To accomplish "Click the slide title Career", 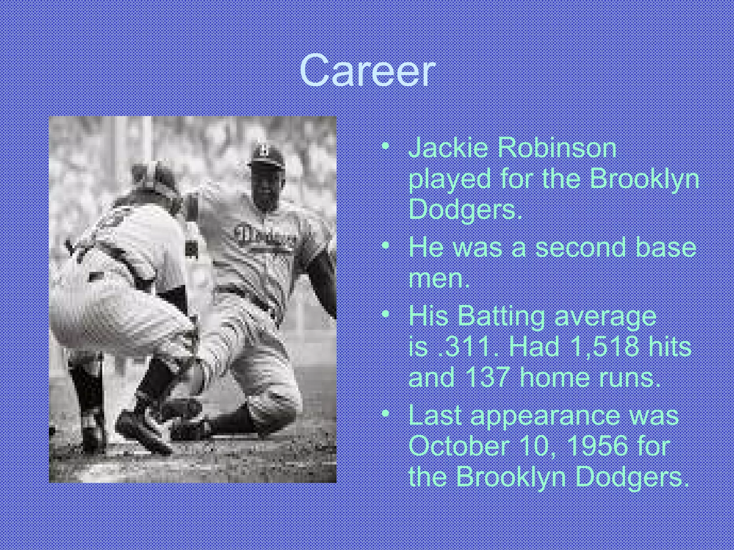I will pos(367,71).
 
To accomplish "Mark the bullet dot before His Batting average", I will pos(385,315).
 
